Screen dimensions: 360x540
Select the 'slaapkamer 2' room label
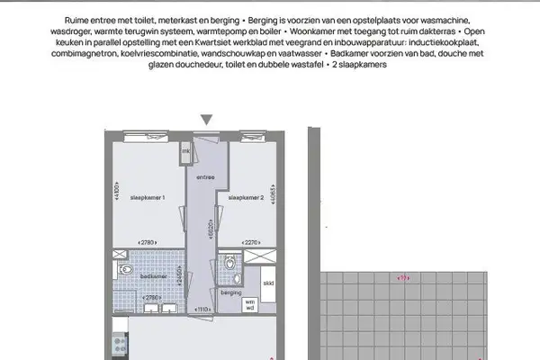point(245,196)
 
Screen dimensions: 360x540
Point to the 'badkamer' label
point(152,276)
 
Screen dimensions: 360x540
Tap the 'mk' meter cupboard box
point(185,152)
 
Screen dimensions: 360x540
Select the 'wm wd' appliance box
point(250,304)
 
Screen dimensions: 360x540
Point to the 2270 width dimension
point(252,241)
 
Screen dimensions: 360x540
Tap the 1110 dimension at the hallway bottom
point(203,308)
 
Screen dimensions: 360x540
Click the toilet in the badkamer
point(127,269)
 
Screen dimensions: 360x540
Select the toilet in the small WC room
point(230,263)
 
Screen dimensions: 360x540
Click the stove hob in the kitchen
point(116,342)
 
